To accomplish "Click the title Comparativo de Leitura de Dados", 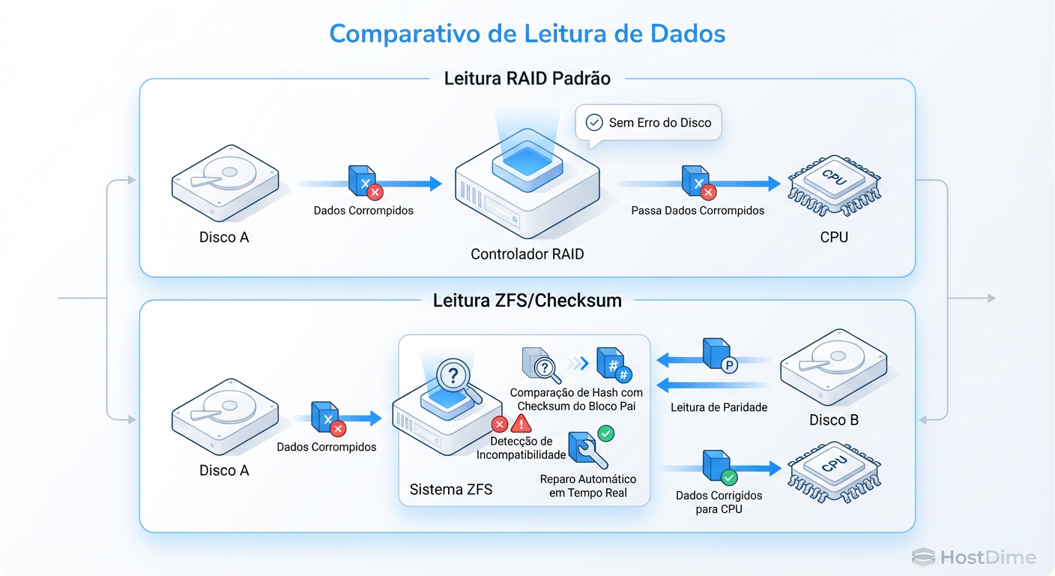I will point(527,34).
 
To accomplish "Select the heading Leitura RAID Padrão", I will point(527,78).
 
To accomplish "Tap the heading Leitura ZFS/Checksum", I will point(527,301).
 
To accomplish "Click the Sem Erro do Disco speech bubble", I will point(648,122).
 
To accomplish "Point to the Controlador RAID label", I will point(527,254).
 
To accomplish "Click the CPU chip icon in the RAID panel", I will point(833,186).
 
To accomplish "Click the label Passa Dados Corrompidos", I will point(698,211).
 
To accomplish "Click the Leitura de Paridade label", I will point(719,407).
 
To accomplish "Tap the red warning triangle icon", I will point(522,423).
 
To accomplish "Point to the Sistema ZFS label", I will point(451,490).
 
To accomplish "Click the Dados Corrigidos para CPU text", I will point(719,502).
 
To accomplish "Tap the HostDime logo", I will point(974,557).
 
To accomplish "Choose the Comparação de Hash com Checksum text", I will point(575,399).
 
